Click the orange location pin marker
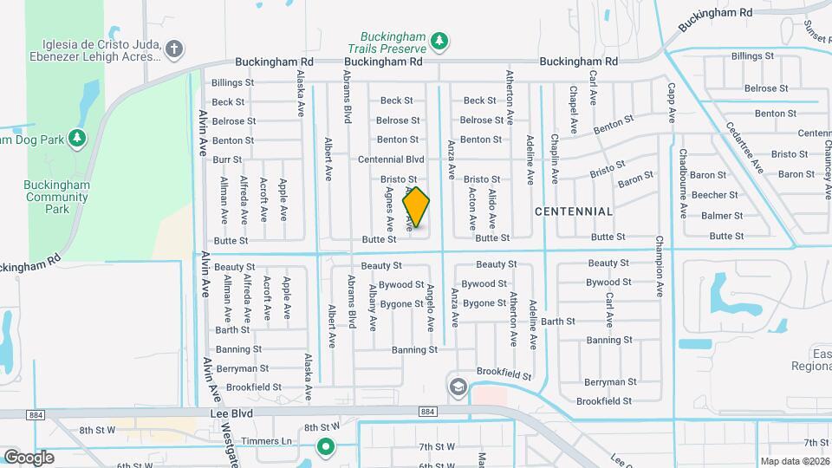click(416, 206)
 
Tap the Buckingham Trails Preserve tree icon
click(439, 40)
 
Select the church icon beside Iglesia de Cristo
click(173, 49)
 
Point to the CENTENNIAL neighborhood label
click(574, 211)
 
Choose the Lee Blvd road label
click(231, 414)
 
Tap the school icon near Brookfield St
click(457, 386)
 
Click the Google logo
click(29, 457)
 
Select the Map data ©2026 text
click(795, 461)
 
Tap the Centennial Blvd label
click(403, 159)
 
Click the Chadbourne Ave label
click(683, 183)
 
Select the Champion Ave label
click(660, 268)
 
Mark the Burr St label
click(227, 159)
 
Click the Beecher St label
click(720, 195)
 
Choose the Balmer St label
click(721, 215)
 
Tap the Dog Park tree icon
click(77, 138)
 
